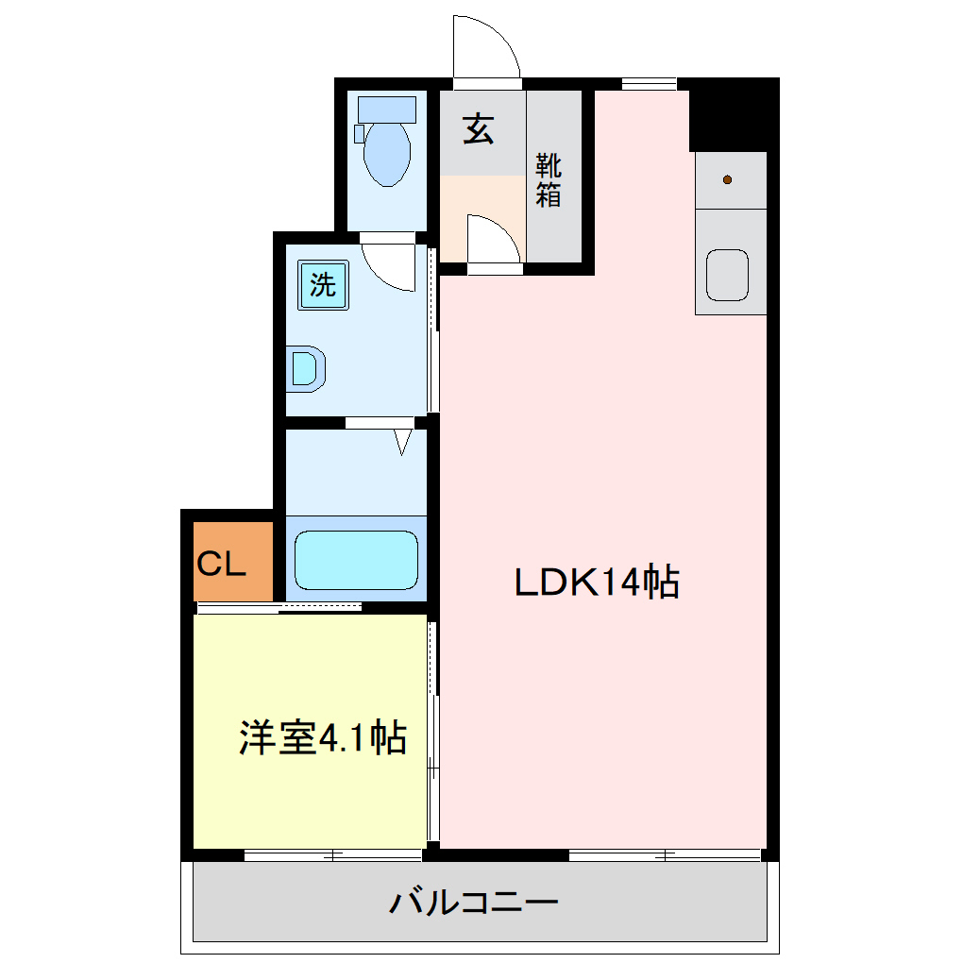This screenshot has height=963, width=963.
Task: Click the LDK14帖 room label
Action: point(597,583)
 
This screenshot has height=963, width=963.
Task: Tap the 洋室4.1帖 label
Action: point(322,737)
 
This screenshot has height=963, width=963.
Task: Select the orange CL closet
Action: point(232,565)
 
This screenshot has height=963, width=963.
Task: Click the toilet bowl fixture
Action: point(387,153)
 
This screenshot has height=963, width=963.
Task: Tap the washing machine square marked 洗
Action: point(323,285)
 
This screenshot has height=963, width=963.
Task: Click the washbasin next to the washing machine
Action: point(305,368)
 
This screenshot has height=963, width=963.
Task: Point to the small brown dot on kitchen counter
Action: point(728,179)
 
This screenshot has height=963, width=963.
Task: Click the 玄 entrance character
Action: point(478,129)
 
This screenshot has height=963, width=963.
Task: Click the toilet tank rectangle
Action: point(387,109)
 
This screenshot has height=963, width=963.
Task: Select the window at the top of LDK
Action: point(650,84)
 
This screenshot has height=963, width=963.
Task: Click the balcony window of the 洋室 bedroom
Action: point(332,855)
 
